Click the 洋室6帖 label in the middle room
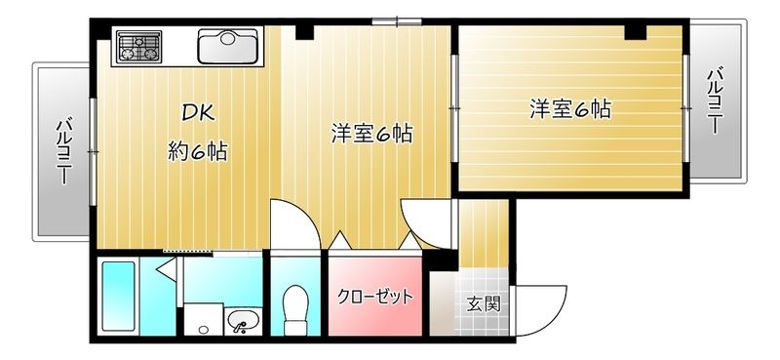370,134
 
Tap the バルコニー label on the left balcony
62,151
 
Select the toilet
293,304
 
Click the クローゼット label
375,297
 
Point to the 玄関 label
483,303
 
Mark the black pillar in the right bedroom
636,34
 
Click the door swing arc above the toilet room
292,224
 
